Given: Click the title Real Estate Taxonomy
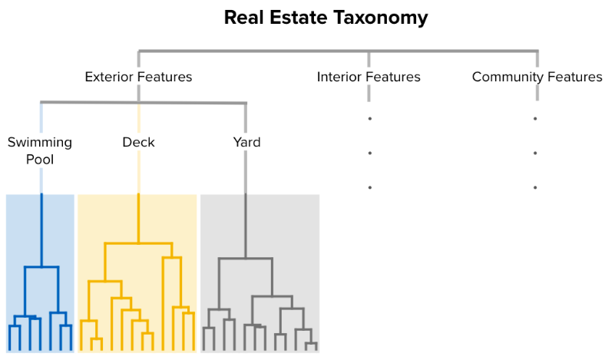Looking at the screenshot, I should [326, 17].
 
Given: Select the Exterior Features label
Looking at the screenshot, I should [138, 77].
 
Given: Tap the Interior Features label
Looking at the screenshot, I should [369, 77].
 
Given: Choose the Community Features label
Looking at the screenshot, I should [537, 77].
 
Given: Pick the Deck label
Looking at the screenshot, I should [138, 142].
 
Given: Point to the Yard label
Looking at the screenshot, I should [246, 142].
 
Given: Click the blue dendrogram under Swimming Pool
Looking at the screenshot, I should [41, 292].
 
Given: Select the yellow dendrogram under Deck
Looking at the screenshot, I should [137, 292].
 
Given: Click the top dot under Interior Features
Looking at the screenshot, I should [369, 119].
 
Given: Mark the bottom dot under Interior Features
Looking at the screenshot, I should [369, 187].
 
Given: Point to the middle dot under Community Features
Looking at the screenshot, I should [535, 154].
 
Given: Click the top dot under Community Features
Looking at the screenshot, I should [535, 119].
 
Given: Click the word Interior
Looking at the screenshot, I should [339, 77].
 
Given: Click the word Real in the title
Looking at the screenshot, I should [242, 17].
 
